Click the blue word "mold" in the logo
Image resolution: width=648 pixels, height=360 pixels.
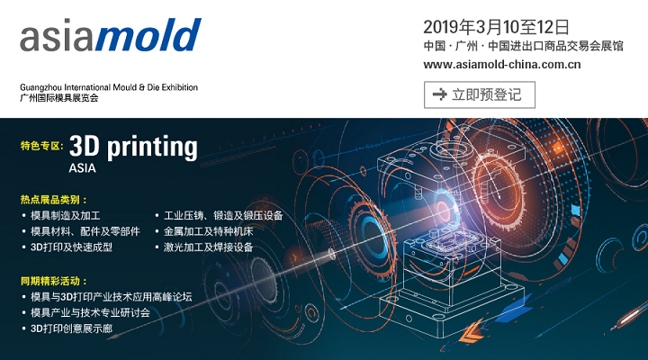[148, 35]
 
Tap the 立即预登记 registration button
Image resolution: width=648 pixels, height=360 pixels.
[480, 94]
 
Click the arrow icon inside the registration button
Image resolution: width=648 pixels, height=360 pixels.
[440, 94]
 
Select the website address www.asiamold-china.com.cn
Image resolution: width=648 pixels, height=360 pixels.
[502, 65]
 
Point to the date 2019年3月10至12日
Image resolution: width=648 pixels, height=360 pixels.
[496, 27]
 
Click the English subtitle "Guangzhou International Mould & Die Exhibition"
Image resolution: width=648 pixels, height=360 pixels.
[109, 87]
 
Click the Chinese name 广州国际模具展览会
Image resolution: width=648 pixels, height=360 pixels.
[59, 98]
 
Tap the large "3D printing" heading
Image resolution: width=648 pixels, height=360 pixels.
[133, 147]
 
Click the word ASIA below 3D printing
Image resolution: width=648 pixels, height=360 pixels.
[83, 168]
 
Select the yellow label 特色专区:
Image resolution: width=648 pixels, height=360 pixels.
[42, 146]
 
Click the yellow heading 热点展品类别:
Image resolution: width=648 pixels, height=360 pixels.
[54, 200]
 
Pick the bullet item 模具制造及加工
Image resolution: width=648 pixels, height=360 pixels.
[66, 216]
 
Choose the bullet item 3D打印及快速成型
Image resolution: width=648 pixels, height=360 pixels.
[71, 247]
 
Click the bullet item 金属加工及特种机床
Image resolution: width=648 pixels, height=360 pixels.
[208, 231]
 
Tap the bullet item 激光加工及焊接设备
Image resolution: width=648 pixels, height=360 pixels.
[208, 247]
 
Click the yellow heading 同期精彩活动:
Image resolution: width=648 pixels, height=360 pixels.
[54, 281]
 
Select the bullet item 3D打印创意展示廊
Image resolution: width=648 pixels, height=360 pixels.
[71, 328]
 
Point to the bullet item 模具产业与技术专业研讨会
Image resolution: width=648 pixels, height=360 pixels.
[90, 313]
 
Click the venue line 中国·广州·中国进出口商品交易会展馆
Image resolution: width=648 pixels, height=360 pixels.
[523, 46]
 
